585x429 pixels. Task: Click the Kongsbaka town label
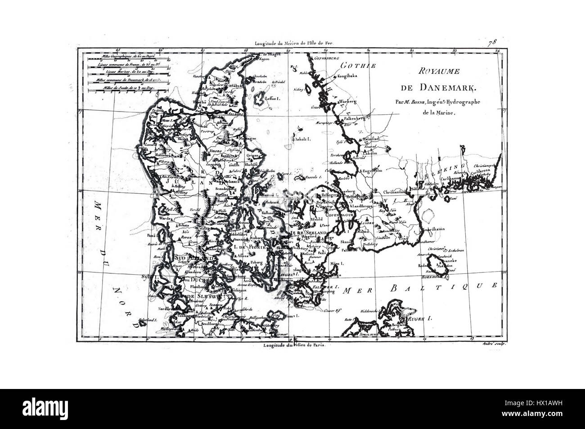(x=347, y=76)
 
